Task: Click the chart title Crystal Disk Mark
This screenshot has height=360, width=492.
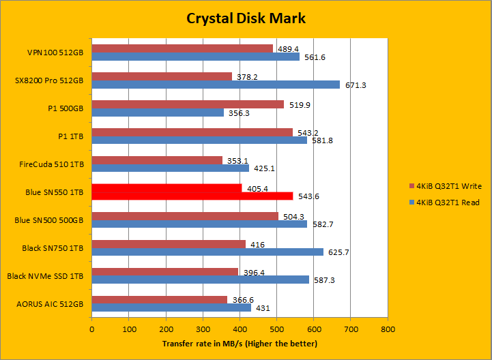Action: (246, 18)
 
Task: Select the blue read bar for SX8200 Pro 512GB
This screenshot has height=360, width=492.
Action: (216, 85)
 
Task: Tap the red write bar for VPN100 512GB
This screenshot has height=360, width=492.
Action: (182, 48)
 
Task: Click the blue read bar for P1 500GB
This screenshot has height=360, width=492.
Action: (158, 112)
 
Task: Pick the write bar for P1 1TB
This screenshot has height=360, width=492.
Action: (192, 132)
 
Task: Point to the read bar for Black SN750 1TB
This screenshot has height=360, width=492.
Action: (207, 252)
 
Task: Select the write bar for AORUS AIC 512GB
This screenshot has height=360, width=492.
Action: (160, 299)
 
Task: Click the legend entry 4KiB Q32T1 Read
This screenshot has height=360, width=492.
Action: (444, 202)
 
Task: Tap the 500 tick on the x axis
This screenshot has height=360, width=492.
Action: (276, 329)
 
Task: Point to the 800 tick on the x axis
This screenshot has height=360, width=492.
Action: (387, 329)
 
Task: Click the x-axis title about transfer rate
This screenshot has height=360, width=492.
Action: (240, 343)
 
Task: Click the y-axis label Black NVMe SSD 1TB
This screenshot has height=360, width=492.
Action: (45, 275)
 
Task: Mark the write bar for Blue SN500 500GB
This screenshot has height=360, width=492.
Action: (185, 216)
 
